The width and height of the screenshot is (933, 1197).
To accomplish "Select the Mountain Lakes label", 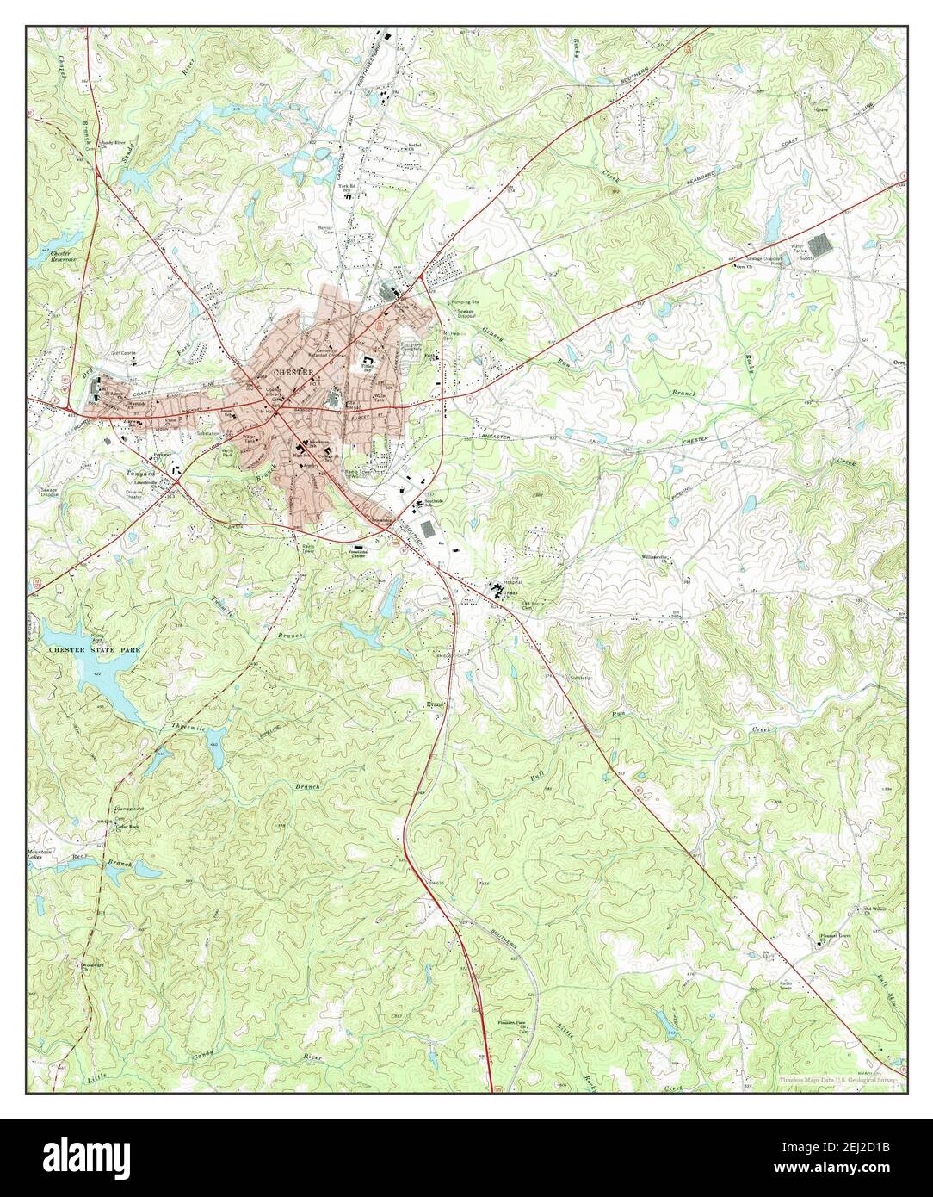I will coord(40,853).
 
